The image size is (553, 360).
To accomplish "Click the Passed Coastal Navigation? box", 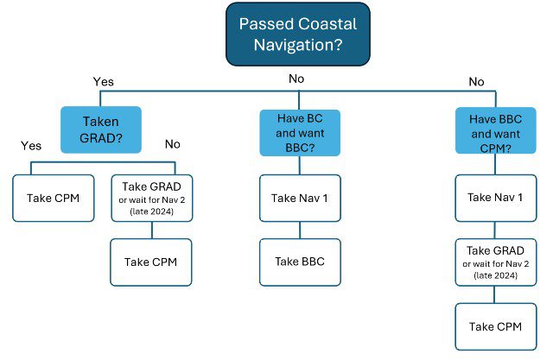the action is tap(298, 35).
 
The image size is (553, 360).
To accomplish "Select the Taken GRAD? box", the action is tap(101, 129).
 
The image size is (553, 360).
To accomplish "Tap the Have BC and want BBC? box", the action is tap(300, 133).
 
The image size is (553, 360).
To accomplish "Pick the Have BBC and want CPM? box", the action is tap(495, 130).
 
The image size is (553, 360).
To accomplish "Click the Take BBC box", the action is tap(300, 262).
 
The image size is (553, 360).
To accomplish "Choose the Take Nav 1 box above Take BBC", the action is tap(300, 198).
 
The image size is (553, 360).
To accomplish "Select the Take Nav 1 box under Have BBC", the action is tap(495, 198).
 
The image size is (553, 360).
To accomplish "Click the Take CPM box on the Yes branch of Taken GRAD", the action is tap(54, 198).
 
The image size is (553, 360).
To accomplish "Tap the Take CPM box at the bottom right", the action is tap(495, 326).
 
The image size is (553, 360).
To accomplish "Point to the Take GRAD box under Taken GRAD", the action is tap(152, 198).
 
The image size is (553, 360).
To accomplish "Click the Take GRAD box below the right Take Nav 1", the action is tap(495, 262).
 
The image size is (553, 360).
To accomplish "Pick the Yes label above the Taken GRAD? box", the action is tap(104, 82).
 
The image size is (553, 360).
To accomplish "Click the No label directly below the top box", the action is tap(296, 79).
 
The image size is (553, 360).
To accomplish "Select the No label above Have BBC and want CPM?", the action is tap(476, 82).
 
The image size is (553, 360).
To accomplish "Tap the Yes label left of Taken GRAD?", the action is tap(31, 146).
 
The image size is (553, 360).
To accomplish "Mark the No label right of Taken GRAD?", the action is tap(173, 144).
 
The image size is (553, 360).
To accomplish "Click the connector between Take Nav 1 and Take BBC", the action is tap(300, 231).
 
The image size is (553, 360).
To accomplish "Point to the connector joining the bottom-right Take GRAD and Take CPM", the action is tap(494, 294).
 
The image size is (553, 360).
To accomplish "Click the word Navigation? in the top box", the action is tap(298, 45).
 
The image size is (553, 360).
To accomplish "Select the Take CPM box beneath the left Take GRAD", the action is tap(151, 262).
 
